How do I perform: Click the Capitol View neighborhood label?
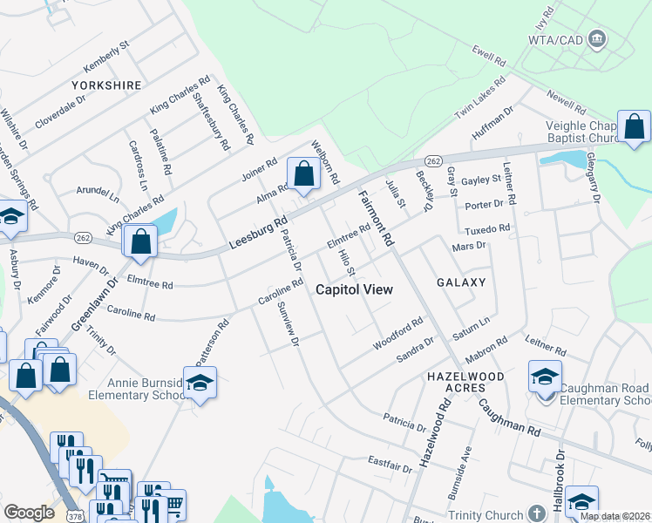coord(353,289)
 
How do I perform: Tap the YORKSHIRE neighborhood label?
coord(106,85)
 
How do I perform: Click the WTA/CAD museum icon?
coord(598,39)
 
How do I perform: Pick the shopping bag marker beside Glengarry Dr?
coord(634,126)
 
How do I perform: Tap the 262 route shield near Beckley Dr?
coord(433,161)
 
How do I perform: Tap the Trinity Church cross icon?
coord(541,515)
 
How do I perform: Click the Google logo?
coord(30,513)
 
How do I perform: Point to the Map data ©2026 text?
coord(614,516)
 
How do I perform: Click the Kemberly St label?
coord(106,56)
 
